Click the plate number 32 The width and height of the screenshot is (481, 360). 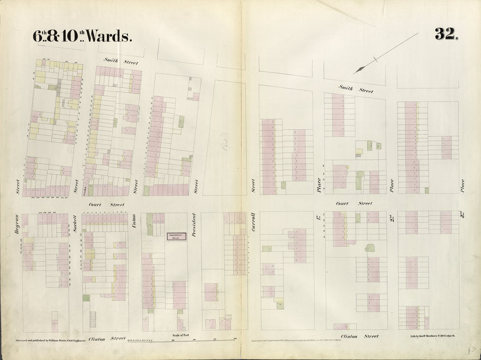click(446, 34)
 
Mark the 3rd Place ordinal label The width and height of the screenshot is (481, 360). click(462, 217)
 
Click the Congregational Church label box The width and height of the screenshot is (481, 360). click(175, 237)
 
